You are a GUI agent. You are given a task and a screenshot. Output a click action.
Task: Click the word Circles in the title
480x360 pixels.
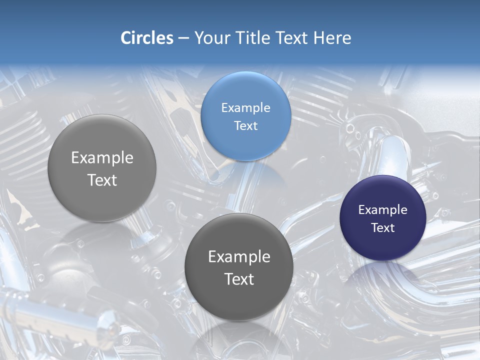pos(147,38)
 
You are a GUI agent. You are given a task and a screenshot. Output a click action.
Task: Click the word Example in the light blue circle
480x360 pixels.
pos(245,107)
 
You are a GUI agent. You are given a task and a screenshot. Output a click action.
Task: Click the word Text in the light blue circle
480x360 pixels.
pos(245,126)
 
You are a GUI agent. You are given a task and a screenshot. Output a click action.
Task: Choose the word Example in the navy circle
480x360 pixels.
pos(383,209)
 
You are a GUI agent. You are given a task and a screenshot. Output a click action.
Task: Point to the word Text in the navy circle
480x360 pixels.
pos(383,228)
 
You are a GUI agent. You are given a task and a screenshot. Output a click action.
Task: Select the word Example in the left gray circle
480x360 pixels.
pos(102,158)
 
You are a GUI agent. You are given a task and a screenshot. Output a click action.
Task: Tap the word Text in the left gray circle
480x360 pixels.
pos(102,180)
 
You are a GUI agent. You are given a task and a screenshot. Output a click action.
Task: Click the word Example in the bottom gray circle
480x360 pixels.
pos(239,257)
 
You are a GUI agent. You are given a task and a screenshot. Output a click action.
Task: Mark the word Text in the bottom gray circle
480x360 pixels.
pos(239,279)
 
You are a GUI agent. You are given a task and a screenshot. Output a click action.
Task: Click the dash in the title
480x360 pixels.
pos(183,38)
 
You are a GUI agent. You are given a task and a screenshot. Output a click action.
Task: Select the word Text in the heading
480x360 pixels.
pos(292,38)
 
